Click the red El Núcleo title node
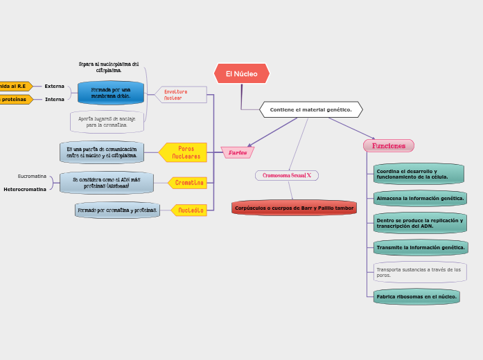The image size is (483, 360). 241,73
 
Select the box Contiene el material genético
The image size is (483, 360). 310,109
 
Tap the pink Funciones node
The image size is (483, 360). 388,145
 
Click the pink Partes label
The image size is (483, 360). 238,152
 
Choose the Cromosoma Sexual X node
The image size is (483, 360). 286,175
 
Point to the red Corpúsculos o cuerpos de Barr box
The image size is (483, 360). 294,208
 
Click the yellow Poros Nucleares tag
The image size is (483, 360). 185,152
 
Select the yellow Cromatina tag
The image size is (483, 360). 188,183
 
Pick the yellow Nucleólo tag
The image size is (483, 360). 190,210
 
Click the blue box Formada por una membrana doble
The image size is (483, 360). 110,93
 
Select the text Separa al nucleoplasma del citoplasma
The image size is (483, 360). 109,67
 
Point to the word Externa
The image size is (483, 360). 54,87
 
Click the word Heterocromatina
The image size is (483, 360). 25,189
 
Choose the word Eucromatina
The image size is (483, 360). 32,177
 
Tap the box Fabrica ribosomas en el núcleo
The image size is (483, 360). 416,296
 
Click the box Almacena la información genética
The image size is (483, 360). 419,199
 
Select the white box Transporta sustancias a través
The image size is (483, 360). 419,272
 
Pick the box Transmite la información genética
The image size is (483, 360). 420,247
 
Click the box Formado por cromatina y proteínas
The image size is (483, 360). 117,210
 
